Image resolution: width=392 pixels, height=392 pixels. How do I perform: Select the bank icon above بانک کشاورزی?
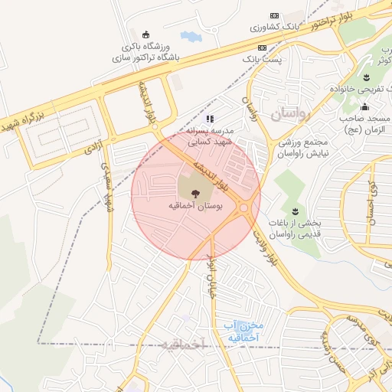click(x=274, y=16)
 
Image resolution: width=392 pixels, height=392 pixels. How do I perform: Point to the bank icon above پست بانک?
click(x=263, y=47)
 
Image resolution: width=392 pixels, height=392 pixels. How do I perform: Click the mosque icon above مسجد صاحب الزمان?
click(x=364, y=106)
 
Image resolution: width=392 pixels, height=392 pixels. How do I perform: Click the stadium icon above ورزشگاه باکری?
click(x=145, y=34)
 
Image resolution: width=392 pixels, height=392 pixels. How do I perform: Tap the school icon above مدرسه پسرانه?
click(x=211, y=119)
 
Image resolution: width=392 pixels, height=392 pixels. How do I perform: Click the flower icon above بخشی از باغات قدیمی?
click(x=294, y=211)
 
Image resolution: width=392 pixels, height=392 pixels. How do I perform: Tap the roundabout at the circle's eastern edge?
click(x=244, y=207)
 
